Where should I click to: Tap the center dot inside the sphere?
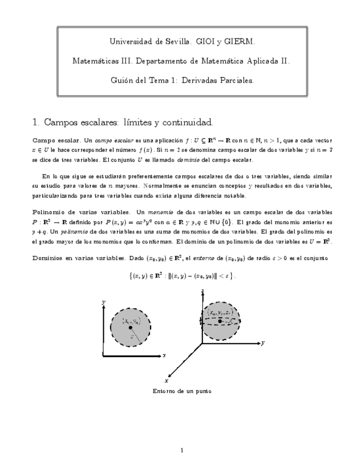(220, 320)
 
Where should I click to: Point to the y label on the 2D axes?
(103, 302)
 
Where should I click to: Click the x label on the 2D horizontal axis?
(164, 356)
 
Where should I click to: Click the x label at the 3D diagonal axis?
(166, 380)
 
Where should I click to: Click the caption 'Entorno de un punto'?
(180, 391)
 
